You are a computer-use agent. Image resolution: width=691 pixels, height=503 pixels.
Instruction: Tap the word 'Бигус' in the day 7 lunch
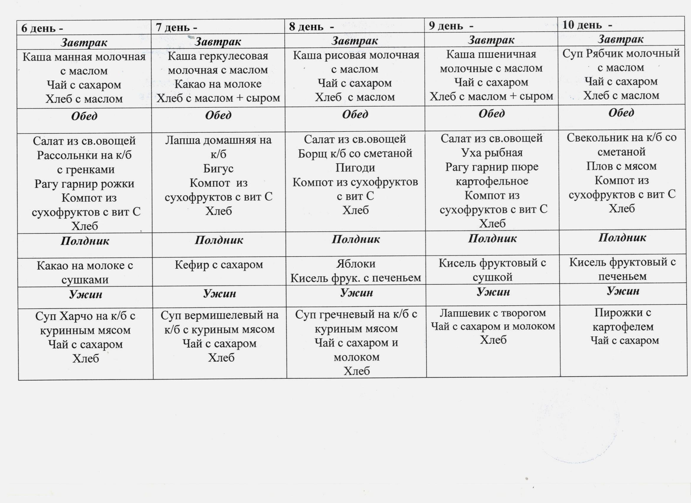(218, 168)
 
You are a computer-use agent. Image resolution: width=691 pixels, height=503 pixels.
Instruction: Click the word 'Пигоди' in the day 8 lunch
(355, 167)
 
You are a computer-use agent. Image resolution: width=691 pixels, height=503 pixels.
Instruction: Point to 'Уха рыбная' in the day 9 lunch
(492, 152)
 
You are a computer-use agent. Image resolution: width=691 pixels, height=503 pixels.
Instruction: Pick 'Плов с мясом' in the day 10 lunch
(622, 166)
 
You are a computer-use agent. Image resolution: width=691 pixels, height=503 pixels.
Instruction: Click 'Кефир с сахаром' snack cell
(219, 265)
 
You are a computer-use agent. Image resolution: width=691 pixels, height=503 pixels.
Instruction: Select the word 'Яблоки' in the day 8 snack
(356, 264)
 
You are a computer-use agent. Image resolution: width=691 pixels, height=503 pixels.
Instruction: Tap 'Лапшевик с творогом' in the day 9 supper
(492, 313)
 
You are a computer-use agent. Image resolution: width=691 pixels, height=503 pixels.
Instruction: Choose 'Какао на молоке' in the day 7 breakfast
(218, 84)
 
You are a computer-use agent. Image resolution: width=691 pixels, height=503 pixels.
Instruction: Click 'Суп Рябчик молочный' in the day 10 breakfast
(621, 53)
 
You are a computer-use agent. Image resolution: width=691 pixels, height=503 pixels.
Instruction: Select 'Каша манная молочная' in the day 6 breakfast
(84, 57)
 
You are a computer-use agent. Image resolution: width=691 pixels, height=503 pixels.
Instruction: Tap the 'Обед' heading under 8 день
(355, 115)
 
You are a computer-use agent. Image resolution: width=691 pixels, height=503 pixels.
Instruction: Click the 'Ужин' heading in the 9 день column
(493, 292)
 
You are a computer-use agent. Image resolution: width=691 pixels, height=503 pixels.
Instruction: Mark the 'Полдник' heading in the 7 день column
(219, 240)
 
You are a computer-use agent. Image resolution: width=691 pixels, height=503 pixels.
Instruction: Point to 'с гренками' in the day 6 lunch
(86, 169)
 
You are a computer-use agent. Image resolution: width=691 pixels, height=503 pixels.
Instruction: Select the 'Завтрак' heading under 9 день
(491, 40)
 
